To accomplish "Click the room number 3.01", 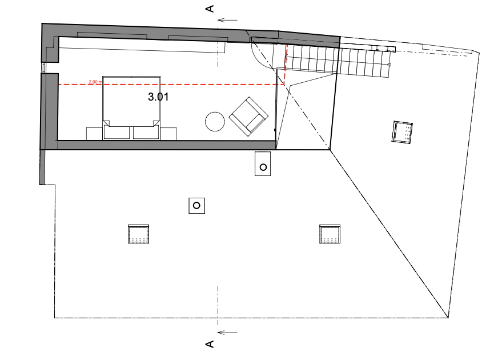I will pyautogui.click(x=158, y=97).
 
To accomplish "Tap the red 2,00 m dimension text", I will pyautogui.click(x=95, y=82).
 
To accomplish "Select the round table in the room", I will pyautogui.click(x=215, y=121).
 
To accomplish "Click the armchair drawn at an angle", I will pyautogui.click(x=248, y=117).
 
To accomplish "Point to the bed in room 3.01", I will pyautogui.click(x=130, y=100).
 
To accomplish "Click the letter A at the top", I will pyautogui.click(x=210, y=8).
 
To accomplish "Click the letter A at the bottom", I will pyautogui.click(x=210, y=344).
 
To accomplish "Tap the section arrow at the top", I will pyautogui.click(x=228, y=20).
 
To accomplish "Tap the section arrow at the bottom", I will pyautogui.click(x=228, y=332).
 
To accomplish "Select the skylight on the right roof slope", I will pyautogui.click(x=403, y=132).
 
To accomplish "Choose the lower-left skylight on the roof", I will pyautogui.click(x=138, y=234).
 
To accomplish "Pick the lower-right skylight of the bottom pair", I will pyautogui.click(x=330, y=234).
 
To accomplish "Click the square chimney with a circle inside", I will pyautogui.click(x=196, y=205).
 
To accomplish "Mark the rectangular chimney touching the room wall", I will pyautogui.click(x=263, y=164).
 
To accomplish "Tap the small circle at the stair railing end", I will pyautogui.click(x=389, y=65).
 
